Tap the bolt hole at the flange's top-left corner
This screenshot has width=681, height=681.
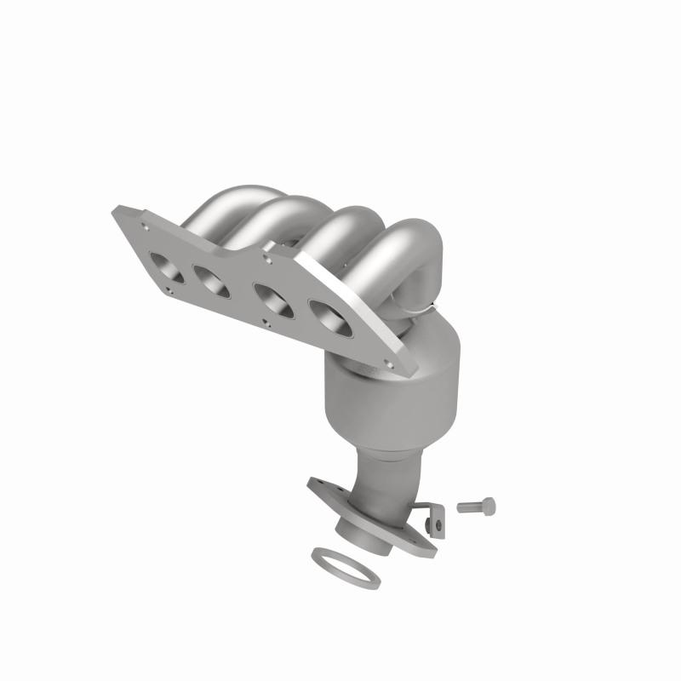[146, 226]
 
